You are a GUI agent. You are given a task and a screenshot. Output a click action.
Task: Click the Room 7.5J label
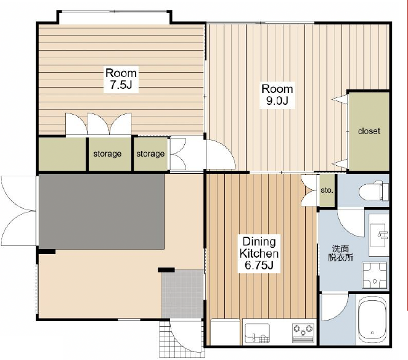coord(121,79)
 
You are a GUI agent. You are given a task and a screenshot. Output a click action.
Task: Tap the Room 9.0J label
coord(277,95)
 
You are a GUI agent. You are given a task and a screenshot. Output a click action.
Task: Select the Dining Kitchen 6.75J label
coord(259,253)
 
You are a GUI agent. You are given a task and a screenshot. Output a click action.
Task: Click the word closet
coord(369,131)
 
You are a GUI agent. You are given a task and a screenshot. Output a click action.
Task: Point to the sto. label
coord(327,190)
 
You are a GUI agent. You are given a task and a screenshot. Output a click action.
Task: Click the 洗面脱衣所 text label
coord(341,253)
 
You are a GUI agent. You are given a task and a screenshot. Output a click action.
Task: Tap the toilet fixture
coord(374,191)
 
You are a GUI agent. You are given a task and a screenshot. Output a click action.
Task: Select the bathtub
coord(372,320)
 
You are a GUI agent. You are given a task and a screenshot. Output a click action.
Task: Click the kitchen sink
coord(258,333)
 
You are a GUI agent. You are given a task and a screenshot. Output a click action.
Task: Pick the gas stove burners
coord(303,332)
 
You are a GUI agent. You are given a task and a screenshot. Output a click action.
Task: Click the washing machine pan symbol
coord(375,276)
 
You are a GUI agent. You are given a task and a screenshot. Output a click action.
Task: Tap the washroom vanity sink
coord(379,235)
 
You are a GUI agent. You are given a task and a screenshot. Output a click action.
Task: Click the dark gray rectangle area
coord(102,211)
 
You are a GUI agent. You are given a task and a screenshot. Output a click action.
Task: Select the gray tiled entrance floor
coord(182,294)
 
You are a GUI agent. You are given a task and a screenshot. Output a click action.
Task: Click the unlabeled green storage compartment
coord(62,154)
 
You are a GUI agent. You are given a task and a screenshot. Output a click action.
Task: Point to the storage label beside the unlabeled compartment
coord(107,154)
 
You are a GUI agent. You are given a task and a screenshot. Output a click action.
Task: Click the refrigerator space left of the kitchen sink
coord(225,332)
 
